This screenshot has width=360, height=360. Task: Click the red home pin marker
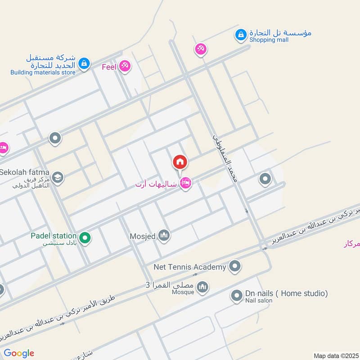pyautogui.click(x=180, y=162)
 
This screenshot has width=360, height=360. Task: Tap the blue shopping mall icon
pyautogui.click(x=241, y=34)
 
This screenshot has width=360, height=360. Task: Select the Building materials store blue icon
pyautogui.click(x=84, y=64)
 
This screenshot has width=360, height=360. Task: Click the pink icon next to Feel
pyautogui.click(x=125, y=67)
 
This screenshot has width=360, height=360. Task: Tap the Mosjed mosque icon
pyautogui.click(x=164, y=235)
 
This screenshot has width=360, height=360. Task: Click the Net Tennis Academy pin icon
pyautogui.click(x=234, y=267)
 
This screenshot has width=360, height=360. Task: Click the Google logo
pyautogui.click(x=19, y=353)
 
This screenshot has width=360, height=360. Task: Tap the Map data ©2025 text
pyautogui.click(x=336, y=355)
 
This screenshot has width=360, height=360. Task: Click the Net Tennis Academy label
pyautogui.click(x=189, y=267)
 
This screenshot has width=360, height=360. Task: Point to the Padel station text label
pyautogui.click(x=54, y=235)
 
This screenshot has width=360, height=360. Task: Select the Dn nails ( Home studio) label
pyautogui.click(x=286, y=293)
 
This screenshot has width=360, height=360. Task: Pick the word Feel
pyautogui.click(x=109, y=67)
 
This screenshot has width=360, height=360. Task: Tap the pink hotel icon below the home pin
pyautogui.click(x=185, y=183)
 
